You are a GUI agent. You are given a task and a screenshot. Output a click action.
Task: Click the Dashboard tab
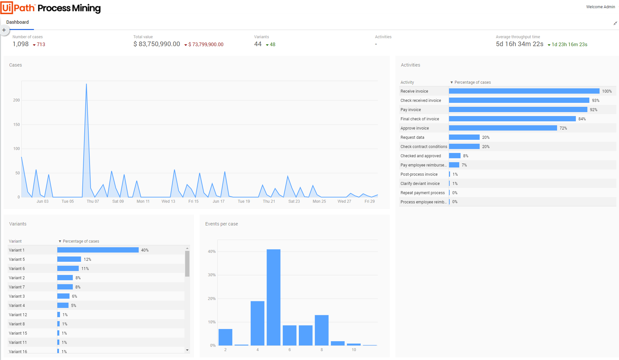coord(17,22)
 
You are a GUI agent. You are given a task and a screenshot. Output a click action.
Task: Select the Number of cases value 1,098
coord(21,44)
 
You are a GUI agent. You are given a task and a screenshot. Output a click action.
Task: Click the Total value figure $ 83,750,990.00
coord(157,44)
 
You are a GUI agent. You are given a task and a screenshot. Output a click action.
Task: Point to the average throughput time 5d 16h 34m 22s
coord(520,44)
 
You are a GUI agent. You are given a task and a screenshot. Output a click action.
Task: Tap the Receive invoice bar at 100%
coord(524,91)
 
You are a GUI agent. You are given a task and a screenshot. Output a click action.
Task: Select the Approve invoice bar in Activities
coord(503,128)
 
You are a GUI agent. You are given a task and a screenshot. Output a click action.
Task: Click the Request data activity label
coord(412,137)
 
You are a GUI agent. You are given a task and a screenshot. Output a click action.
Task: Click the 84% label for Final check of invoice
coord(582,119)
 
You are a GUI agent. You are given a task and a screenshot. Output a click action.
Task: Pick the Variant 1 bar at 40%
coord(98,250)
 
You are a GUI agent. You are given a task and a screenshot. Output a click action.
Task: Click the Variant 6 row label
coord(17,269)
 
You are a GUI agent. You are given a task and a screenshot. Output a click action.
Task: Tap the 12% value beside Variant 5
coord(87,259)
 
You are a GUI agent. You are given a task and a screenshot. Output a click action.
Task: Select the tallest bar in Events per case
coord(273,297)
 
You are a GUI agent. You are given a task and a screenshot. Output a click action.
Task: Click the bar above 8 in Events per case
coord(322,330)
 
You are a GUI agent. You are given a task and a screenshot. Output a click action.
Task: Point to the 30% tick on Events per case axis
coord(211,275)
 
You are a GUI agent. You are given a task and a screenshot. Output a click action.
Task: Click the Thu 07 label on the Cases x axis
coord(93,201)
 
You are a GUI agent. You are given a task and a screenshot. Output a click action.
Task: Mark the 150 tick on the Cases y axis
coord(16,125)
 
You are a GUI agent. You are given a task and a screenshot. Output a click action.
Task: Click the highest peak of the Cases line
coord(86,84)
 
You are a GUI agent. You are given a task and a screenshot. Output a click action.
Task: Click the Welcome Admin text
coord(600,7)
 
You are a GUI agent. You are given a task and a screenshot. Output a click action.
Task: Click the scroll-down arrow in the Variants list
coord(187,350)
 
